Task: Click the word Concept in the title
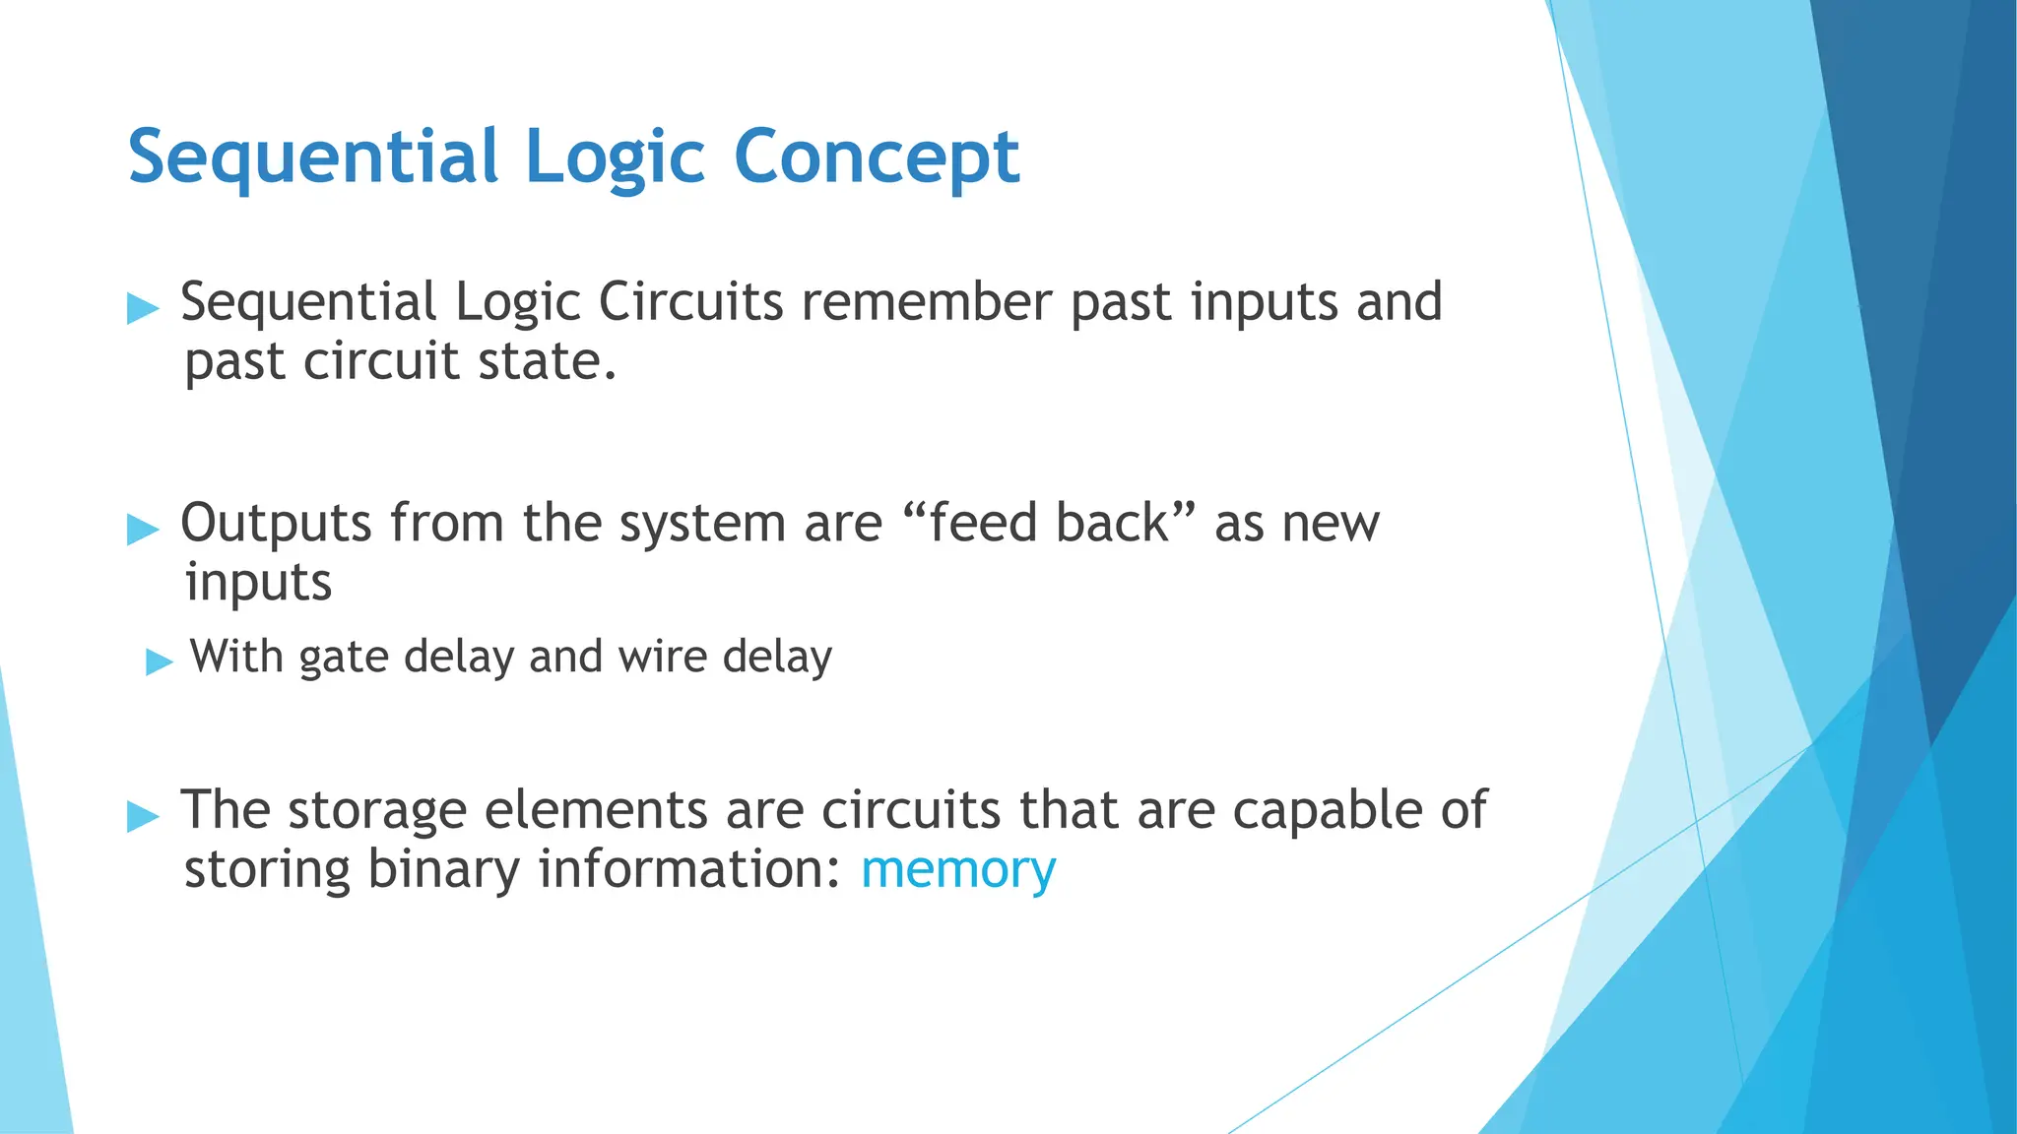[877, 157]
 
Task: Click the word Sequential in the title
[313, 157]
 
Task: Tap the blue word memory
[958, 870]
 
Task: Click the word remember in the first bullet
[926, 302]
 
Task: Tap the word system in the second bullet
[702, 524]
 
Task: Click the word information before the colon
[690, 870]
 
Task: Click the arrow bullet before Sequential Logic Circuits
[143, 309]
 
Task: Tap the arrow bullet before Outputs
[143, 531]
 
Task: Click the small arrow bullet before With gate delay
[159, 662]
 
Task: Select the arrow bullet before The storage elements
[143, 817]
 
